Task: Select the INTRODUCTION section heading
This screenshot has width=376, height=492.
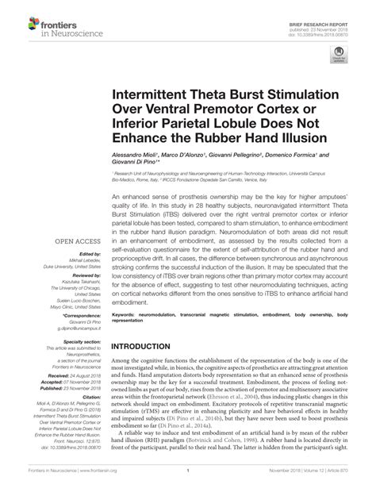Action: pos(150,347)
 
